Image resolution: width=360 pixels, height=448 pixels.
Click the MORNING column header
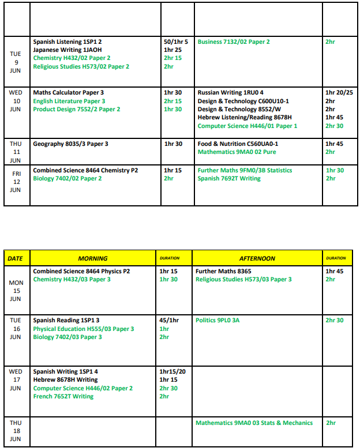pos(93,258)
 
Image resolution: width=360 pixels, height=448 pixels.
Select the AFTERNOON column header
pos(257,258)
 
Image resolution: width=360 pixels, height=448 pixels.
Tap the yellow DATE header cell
pos(16,258)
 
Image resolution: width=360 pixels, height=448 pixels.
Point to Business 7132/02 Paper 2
pos(234,42)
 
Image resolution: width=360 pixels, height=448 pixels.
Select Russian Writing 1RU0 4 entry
pos(230,93)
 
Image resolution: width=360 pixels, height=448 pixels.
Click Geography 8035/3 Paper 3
pos(70,144)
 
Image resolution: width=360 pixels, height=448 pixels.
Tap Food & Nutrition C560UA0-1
pos(237,144)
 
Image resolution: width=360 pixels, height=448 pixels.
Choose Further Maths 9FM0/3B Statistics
pos(245,171)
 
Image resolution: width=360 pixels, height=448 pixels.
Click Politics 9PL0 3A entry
pos(217,321)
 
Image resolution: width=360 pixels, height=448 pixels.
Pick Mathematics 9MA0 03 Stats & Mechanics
pos(254,423)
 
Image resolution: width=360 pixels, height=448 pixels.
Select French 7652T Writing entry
pos(63,397)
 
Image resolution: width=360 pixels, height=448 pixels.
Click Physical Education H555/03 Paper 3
pos(84,329)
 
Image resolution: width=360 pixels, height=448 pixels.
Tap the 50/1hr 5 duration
pos(176,42)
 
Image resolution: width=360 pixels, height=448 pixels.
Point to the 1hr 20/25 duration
pos(339,93)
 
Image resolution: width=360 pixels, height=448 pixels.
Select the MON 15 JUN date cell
pos(16,291)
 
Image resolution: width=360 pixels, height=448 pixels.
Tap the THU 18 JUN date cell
pos(16,431)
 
